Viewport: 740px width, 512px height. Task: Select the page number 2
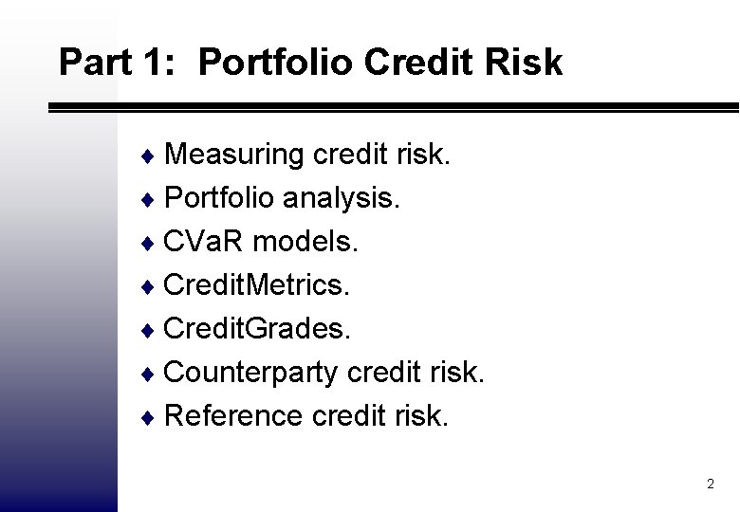click(x=710, y=485)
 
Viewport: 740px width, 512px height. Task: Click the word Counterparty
click(x=250, y=373)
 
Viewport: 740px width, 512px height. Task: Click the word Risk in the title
click(x=524, y=63)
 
